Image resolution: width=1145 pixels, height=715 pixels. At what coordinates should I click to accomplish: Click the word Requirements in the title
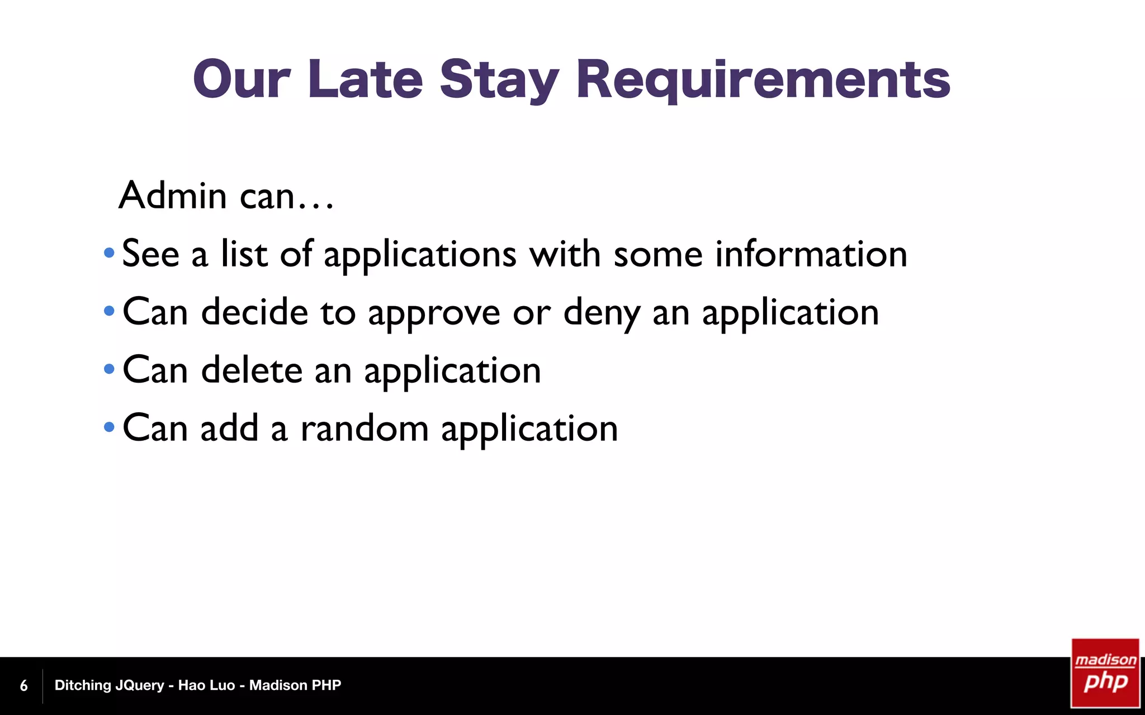click(x=763, y=80)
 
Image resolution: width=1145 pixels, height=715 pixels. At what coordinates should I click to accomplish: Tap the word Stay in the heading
click(x=499, y=80)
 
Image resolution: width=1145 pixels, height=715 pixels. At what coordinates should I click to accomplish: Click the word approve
click(x=434, y=313)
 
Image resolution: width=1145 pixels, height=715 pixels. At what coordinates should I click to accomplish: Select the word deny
click(x=601, y=313)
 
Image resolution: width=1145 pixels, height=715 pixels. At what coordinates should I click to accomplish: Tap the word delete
click(x=252, y=370)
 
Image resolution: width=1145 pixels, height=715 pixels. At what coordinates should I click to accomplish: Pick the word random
click(x=365, y=428)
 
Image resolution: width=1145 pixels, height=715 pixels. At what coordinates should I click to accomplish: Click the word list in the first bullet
click(x=244, y=254)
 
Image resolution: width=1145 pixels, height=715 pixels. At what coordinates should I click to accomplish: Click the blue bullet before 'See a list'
click(x=109, y=254)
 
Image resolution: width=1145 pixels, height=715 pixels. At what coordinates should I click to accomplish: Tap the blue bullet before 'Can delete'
click(x=109, y=369)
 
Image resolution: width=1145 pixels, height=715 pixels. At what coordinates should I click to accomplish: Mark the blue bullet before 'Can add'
click(x=109, y=428)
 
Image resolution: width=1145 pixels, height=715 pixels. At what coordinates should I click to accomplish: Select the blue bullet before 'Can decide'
click(x=109, y=311)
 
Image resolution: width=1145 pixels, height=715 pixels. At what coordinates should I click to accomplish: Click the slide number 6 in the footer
click(x=23, y=685)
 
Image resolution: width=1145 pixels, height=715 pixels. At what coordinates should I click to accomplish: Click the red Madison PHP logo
click(x=1105, y=673)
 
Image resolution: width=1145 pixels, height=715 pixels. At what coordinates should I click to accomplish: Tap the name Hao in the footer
click(x=192, y=685)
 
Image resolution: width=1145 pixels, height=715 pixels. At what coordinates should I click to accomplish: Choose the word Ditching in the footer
click(x=82, y=685)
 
